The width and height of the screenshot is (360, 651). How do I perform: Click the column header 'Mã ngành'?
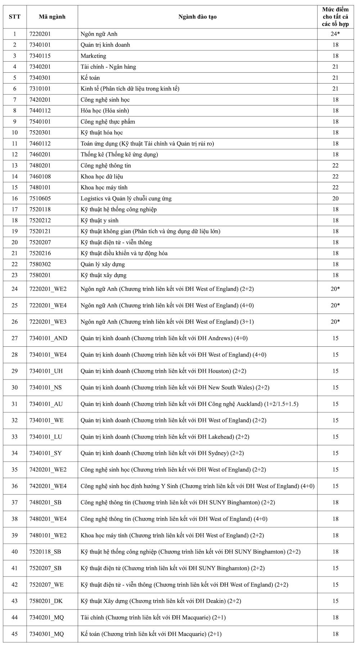point(52,17)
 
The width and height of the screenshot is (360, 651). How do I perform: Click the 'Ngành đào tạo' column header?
point(197,17)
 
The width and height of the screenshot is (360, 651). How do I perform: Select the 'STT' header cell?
point(15,17)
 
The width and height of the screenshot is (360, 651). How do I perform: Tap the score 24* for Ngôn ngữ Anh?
point(335,34)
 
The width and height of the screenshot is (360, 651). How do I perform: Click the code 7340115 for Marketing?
point(40,56)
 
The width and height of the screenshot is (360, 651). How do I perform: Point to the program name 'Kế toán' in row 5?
point(90,78)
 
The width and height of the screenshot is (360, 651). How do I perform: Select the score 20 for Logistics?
point(335,198)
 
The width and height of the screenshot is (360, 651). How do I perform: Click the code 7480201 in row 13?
point(40,166)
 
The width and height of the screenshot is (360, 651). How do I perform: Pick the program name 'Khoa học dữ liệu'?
point(102,176)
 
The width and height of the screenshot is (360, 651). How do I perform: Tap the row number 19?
point(15,231)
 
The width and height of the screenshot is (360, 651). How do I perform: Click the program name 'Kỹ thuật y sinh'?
point(99,220)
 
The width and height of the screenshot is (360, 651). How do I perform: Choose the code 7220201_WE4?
point(48,305)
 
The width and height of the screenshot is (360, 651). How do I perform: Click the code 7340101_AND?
point(48,338)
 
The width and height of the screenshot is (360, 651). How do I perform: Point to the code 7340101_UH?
point(46,371)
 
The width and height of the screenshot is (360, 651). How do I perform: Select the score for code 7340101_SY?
point(335,453)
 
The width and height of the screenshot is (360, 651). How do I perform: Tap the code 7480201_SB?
point(45,502)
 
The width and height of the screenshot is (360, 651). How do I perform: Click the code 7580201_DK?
point(46,601)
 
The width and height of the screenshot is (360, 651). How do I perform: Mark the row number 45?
point(15,634)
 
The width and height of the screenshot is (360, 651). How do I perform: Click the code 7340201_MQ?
point(46,618)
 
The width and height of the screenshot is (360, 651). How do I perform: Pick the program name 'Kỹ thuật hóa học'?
point(102,133)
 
